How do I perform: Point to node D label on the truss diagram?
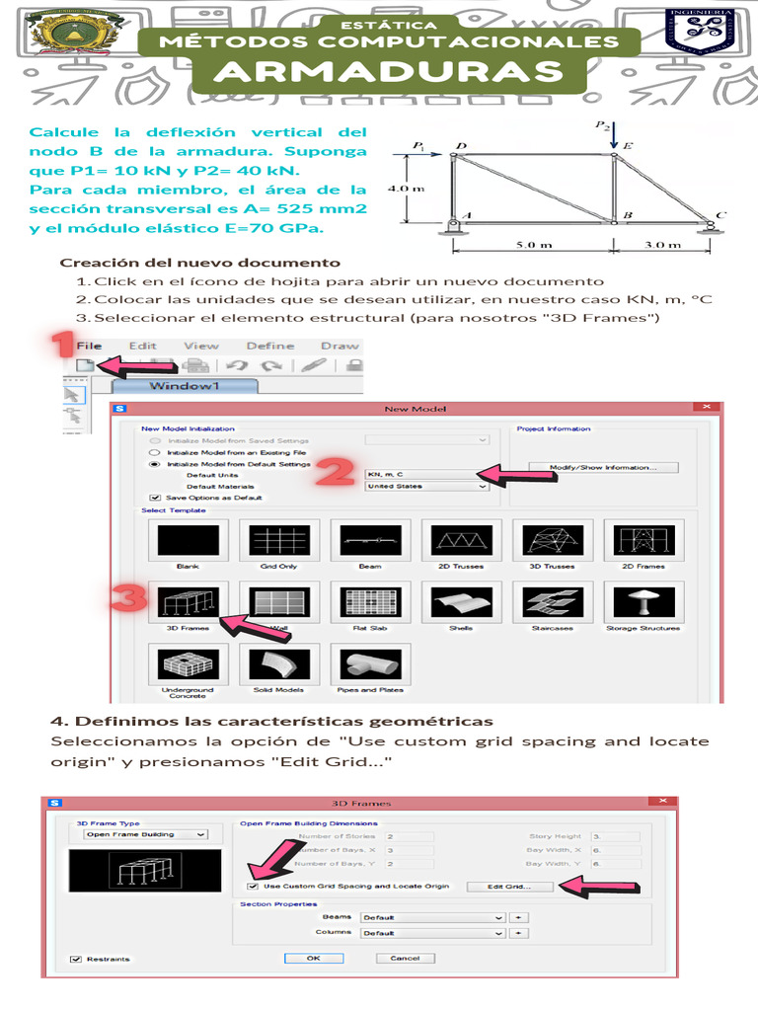[x=460, y=146]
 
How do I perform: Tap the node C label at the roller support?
[x=721, y=214]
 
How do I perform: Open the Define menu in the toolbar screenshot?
[x=269, y=347]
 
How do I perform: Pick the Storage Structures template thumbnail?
[x=644, y=602]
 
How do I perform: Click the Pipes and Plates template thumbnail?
[x=370, y=665]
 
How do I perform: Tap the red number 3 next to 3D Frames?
[x=129, y=598]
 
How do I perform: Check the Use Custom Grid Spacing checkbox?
[x=253, y=886]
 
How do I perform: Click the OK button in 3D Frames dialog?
[x=313, y=958]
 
